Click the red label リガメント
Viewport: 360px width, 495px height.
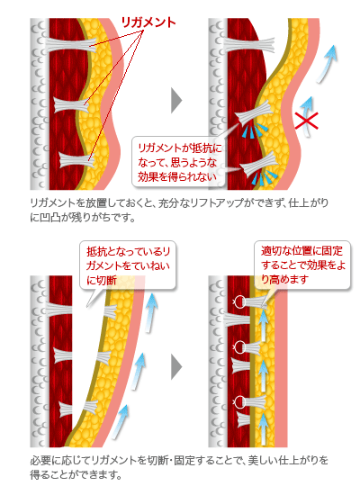tap(148, 22)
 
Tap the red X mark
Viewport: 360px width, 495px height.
tap(306, 121)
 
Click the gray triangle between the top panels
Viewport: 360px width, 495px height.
tap(176, 101)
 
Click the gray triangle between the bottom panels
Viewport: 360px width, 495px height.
tap(176, 366)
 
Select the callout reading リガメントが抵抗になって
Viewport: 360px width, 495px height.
tap(178, 162)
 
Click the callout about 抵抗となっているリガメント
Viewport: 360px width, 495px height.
tap(128, 265)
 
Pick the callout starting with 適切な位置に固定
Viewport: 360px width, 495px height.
tap(302, 265)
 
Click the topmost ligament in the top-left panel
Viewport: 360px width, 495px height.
tap(71, 44)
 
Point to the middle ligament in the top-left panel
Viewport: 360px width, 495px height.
tap(71, 104)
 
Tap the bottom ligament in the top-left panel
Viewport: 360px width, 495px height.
tap(77, 160)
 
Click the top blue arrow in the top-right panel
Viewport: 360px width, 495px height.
tap(328, 64)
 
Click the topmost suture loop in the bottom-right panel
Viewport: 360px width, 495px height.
tap(238, 301)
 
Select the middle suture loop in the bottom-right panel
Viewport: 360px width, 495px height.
tap(238, 346)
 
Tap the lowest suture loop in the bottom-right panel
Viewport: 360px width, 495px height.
tap(238, 400)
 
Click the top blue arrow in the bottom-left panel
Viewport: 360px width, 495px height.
tap(150, 312)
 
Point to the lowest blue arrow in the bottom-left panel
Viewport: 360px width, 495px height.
tap(121, 422)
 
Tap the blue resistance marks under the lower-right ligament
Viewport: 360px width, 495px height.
tap(265, 177)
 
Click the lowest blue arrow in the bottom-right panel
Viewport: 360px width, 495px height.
tap(263, 429)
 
